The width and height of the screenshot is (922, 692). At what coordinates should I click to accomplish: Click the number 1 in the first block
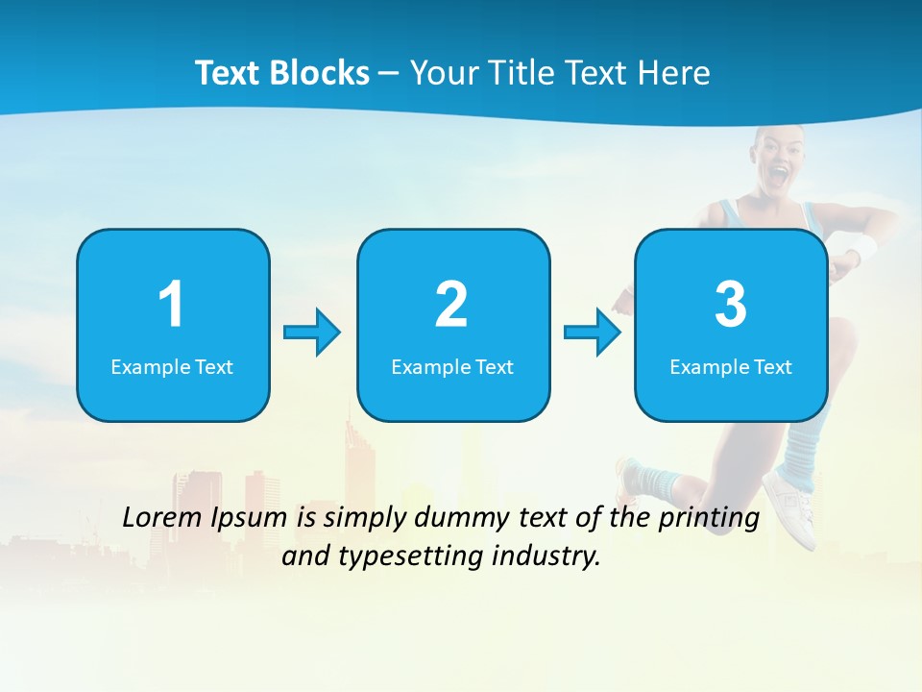[x=171, y=305]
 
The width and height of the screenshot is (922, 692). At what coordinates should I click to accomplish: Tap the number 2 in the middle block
[x=451, y=305]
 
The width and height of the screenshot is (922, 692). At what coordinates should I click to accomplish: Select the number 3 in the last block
[x=731, y=305]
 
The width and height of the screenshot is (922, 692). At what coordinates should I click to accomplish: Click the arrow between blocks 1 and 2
[x=313, y=333]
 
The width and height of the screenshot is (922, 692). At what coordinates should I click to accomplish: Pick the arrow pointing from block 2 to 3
[x=593, y=333]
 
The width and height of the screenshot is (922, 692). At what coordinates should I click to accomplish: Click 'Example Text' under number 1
[x=172, y=366]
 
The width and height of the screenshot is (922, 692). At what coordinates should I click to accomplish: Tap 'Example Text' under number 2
[x=452, y=366]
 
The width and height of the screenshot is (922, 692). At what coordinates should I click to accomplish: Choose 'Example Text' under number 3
[x=731, y=366]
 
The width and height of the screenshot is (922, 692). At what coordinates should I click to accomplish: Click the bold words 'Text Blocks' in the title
[x=282, y=73]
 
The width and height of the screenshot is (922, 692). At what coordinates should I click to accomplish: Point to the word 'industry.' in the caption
[x=550, y=556]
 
